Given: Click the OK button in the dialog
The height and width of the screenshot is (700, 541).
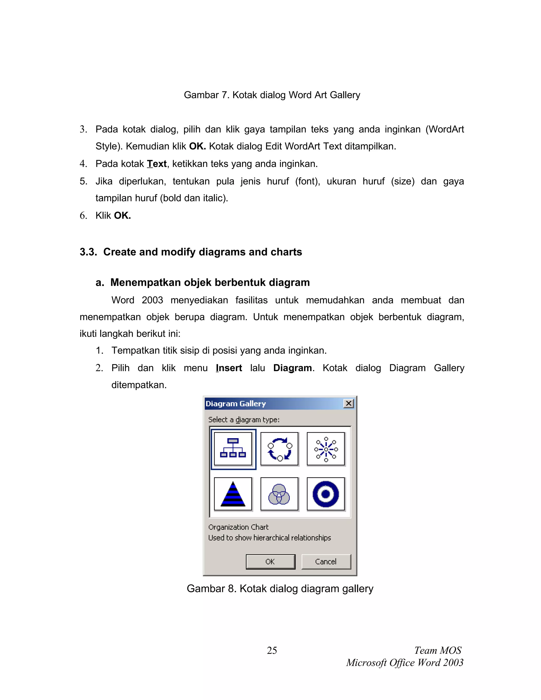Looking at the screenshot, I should coord(270,562).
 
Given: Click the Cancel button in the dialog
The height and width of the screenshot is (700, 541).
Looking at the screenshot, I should coord(326,562).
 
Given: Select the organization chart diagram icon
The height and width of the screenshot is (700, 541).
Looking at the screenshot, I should coord(233,449).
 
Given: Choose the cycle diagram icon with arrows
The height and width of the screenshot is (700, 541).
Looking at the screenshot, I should coord(279,449).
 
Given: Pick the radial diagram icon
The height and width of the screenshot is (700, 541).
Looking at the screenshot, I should coord(326,449).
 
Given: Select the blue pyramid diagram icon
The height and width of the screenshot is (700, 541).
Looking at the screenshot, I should coord(233,494).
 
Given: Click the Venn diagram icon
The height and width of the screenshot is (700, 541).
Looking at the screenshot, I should coord(279,494).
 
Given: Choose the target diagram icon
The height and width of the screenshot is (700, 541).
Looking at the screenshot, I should coord(326,494).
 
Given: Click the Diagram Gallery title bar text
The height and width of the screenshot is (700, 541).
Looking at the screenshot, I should coord(236,404).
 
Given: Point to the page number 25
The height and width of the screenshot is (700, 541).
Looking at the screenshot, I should coord(272,650).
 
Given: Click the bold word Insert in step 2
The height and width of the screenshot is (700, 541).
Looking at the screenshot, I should coord(229,368).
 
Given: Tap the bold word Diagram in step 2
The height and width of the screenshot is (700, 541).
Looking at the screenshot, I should coord(292,368).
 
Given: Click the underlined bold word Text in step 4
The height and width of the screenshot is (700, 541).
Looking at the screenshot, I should coord(157,164).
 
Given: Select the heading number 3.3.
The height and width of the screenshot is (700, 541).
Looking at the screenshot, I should coord(88,252).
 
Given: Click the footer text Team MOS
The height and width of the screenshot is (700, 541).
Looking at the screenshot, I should coord(438,650).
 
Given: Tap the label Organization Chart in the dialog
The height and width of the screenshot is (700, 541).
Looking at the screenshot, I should coord(238,527).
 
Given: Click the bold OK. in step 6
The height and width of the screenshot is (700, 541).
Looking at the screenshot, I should coord(122,215).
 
